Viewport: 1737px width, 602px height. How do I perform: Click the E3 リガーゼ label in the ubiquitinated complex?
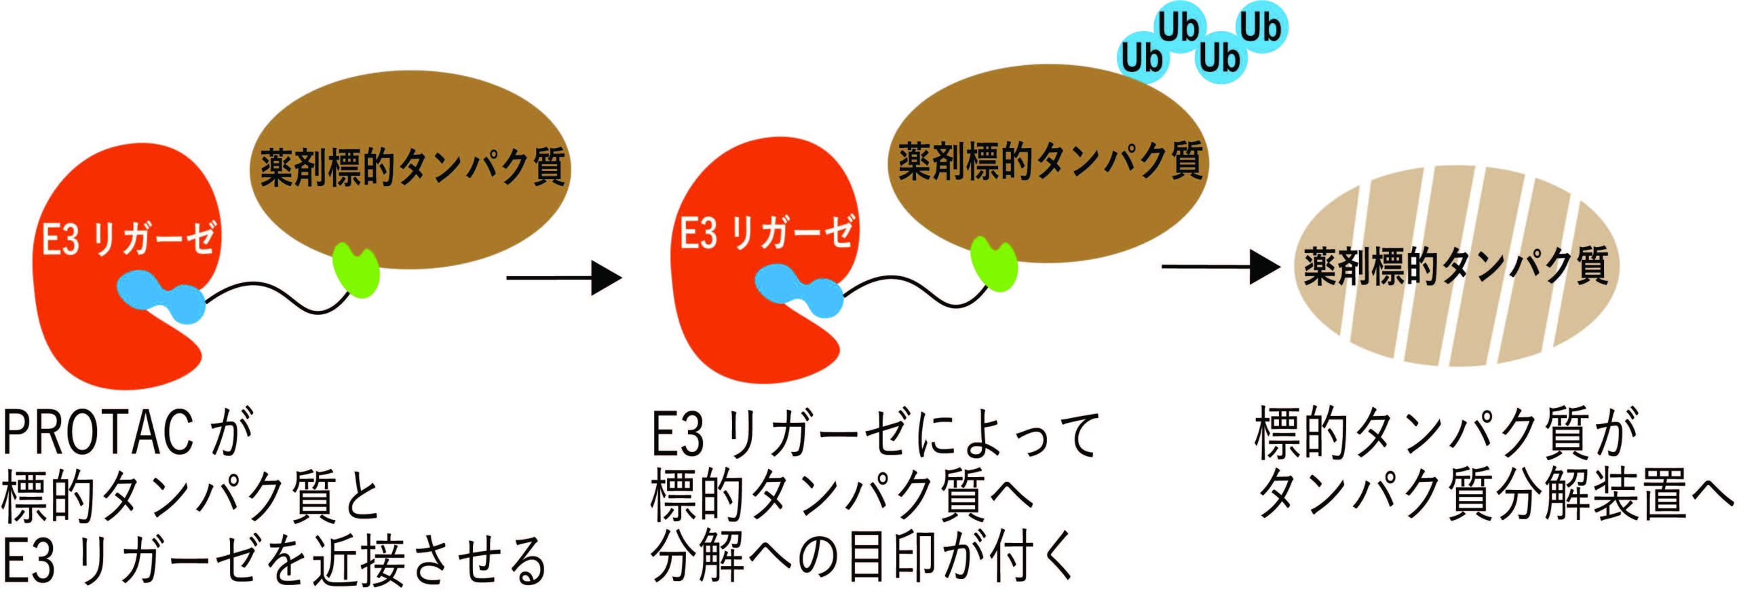pyautogui.click(x=767, y=232)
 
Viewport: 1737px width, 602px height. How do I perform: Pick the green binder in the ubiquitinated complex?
pyautogui.click(x=994, y=263)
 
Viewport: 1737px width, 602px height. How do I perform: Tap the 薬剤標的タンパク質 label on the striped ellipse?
pyautogui.click(x=1456, y=265)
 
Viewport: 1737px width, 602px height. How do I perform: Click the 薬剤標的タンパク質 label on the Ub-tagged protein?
pyautogui.click(x=1050, y=162)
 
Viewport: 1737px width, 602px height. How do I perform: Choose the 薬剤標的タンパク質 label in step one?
pyautogui.click(x=413, y=167)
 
